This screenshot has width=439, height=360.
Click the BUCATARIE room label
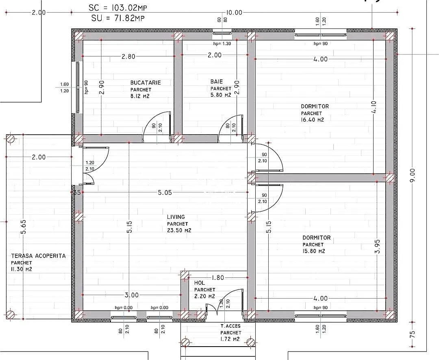tap(146, 83)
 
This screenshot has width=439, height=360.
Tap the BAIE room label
tap(217, 81)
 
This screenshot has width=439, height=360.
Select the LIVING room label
tap(176, 217)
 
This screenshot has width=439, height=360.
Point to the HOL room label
tap(199, 283)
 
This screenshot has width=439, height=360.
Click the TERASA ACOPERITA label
tap(38, 256)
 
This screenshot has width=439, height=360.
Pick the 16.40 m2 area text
tap(313, 120)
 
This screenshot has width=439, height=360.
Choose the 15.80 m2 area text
tap(314, 251)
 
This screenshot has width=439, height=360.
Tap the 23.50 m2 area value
tap(179, 231)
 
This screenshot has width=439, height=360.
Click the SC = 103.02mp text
tap(118, 8)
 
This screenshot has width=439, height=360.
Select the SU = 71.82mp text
tap(118, 18)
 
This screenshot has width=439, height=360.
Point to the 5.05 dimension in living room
tap(165, 192)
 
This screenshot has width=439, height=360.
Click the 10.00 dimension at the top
tap(234, 13)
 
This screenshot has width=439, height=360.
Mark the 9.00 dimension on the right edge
tap(413, 175)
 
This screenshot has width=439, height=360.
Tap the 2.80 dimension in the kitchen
tap(128, 57)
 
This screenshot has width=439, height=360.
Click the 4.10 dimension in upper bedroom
tap(374, 107)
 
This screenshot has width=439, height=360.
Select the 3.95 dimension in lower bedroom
tap(377, 246)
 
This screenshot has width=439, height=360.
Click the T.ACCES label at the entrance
tap(230, 326)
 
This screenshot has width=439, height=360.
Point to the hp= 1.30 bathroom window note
tap(222, 44)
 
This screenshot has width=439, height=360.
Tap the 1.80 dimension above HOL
tap(217, 278)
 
